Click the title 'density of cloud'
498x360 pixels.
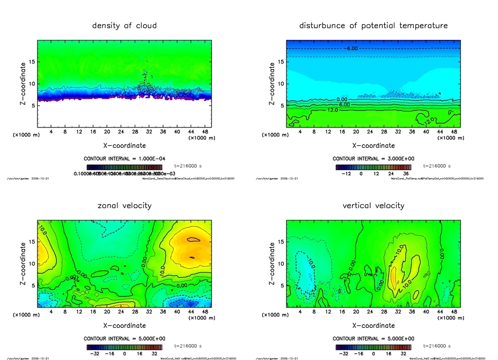tap(124, 25)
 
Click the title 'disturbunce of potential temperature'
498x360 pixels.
tap(373, 25)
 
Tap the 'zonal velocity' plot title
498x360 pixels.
tap(124, 205)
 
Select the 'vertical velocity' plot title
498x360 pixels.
tap(373, 205)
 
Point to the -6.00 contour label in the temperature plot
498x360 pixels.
tap(352, 48)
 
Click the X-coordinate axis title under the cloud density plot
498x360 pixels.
tap(124, 145)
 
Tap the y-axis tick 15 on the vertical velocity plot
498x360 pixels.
tap(281, 242)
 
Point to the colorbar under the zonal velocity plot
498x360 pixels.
tap(124, 347)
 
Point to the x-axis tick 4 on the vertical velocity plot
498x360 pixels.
tap(300, 312)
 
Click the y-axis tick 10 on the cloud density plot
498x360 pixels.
tap(32, 84)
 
